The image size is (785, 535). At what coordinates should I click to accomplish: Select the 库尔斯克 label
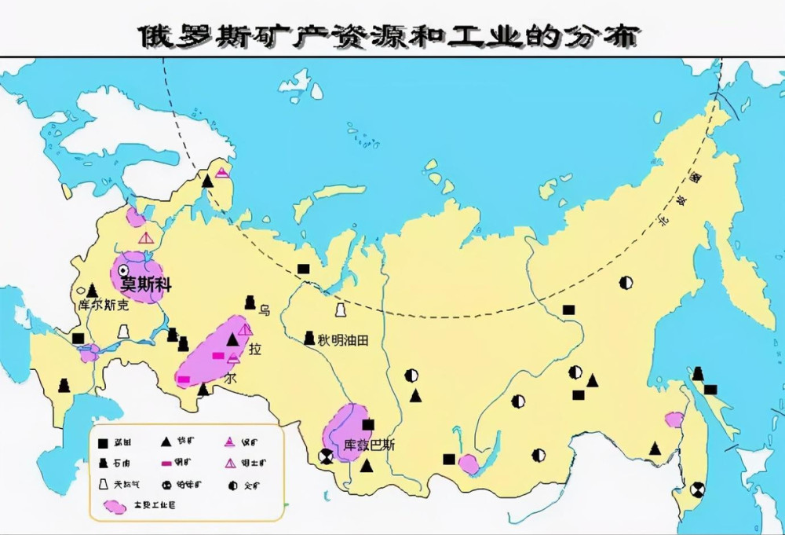click(101, 305)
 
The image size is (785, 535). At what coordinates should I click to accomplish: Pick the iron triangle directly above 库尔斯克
click(92, 290)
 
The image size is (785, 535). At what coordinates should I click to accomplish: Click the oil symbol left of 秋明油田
click(309, 339)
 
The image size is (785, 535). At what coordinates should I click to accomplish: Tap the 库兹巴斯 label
click(369, 445)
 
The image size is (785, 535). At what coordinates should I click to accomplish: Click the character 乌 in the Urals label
click(264, 310)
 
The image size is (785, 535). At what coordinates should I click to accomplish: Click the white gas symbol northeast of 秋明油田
click(341, 310)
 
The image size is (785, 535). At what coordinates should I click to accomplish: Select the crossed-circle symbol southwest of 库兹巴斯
click(325, 456)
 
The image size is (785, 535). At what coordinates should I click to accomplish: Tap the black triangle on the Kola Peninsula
click(207, 181)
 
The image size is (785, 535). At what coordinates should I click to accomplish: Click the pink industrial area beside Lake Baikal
click(469, 464)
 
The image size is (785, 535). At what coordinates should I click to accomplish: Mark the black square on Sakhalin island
click(710, 390)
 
